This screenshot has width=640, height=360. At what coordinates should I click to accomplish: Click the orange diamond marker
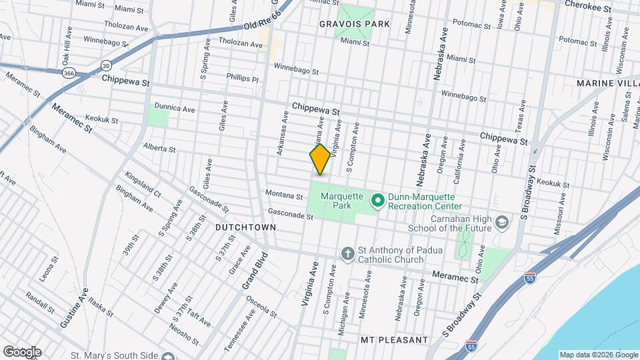pos(320,159)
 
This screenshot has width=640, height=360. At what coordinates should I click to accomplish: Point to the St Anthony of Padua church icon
pos(347,253)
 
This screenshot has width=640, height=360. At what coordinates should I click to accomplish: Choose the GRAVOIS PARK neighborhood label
pos(354,23)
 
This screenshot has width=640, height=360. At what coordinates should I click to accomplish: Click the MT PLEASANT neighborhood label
pos(394,340)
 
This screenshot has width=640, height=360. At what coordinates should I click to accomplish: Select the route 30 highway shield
pos(107,65)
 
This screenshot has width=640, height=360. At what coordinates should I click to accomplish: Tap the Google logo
pos(21,352)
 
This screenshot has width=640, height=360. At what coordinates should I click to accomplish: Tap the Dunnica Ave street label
pos(174,108)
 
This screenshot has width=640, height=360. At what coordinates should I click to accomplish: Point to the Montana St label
pos(284,195)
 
